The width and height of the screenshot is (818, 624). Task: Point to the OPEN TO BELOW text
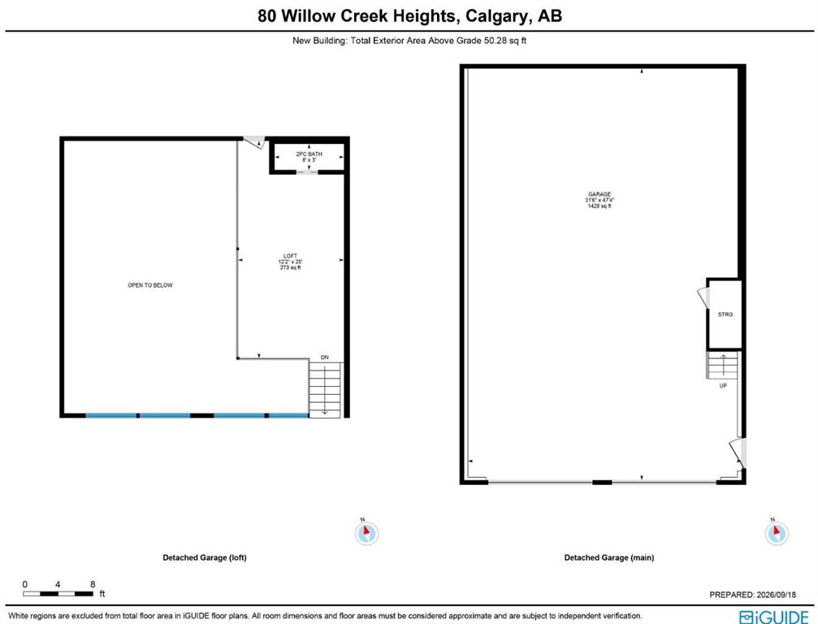point(150,285)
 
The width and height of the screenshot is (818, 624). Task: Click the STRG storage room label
point(725,314)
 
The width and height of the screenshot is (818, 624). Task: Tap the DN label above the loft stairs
point(324,357)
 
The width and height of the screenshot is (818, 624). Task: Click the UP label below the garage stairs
point(723,386)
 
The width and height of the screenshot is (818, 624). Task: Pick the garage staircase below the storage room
point(722,365)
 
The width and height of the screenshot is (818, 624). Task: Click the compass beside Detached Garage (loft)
point(366,533)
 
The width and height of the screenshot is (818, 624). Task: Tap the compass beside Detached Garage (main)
point(777,533)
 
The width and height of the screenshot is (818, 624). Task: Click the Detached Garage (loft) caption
point(205,557)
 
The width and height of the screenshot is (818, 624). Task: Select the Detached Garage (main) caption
point(608,557)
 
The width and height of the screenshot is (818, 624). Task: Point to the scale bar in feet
point(58,594)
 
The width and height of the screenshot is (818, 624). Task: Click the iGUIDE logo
point(774,617)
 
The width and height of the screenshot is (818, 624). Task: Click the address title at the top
point(409,15)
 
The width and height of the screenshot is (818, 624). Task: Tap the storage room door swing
point(703,297)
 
